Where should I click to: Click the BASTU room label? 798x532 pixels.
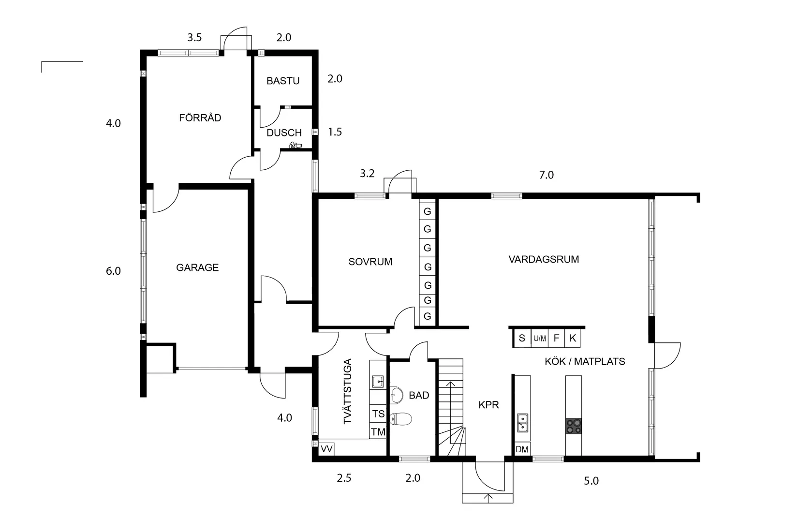click(x=283, y=81)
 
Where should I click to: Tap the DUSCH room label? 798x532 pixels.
click(x=284, y=133)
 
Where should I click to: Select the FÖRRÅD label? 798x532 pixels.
click(x=200, y=118)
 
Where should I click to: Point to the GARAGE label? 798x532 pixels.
click(x=197, y=267)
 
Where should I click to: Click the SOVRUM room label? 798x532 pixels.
click(x=370, y=262)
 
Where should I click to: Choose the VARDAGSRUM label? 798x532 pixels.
click(x=544, y=259)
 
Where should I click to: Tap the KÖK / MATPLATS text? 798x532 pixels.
click(x=584, y=361)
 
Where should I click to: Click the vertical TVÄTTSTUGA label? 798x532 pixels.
click(x=348, y=391)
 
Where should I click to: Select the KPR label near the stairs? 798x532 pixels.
click(x=488, y=405)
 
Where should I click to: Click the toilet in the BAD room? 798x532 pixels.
click(x=400, y=419)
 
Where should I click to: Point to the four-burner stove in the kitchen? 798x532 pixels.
click(x=574, y=426)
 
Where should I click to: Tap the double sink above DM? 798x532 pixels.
click(x=522, y=422)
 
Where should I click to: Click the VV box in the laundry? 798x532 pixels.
click(x=326, y=449)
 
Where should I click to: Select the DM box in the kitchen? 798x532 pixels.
click(x=522, y=449)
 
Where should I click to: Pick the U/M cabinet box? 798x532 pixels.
click(x=540, y=339)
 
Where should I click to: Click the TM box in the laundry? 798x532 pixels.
click(x=378, y=431)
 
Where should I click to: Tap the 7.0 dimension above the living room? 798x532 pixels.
click(x=546, y=175)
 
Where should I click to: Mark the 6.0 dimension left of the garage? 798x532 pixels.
click(x=113, y=271)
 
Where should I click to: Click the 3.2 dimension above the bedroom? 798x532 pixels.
click(x=367, y=174)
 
